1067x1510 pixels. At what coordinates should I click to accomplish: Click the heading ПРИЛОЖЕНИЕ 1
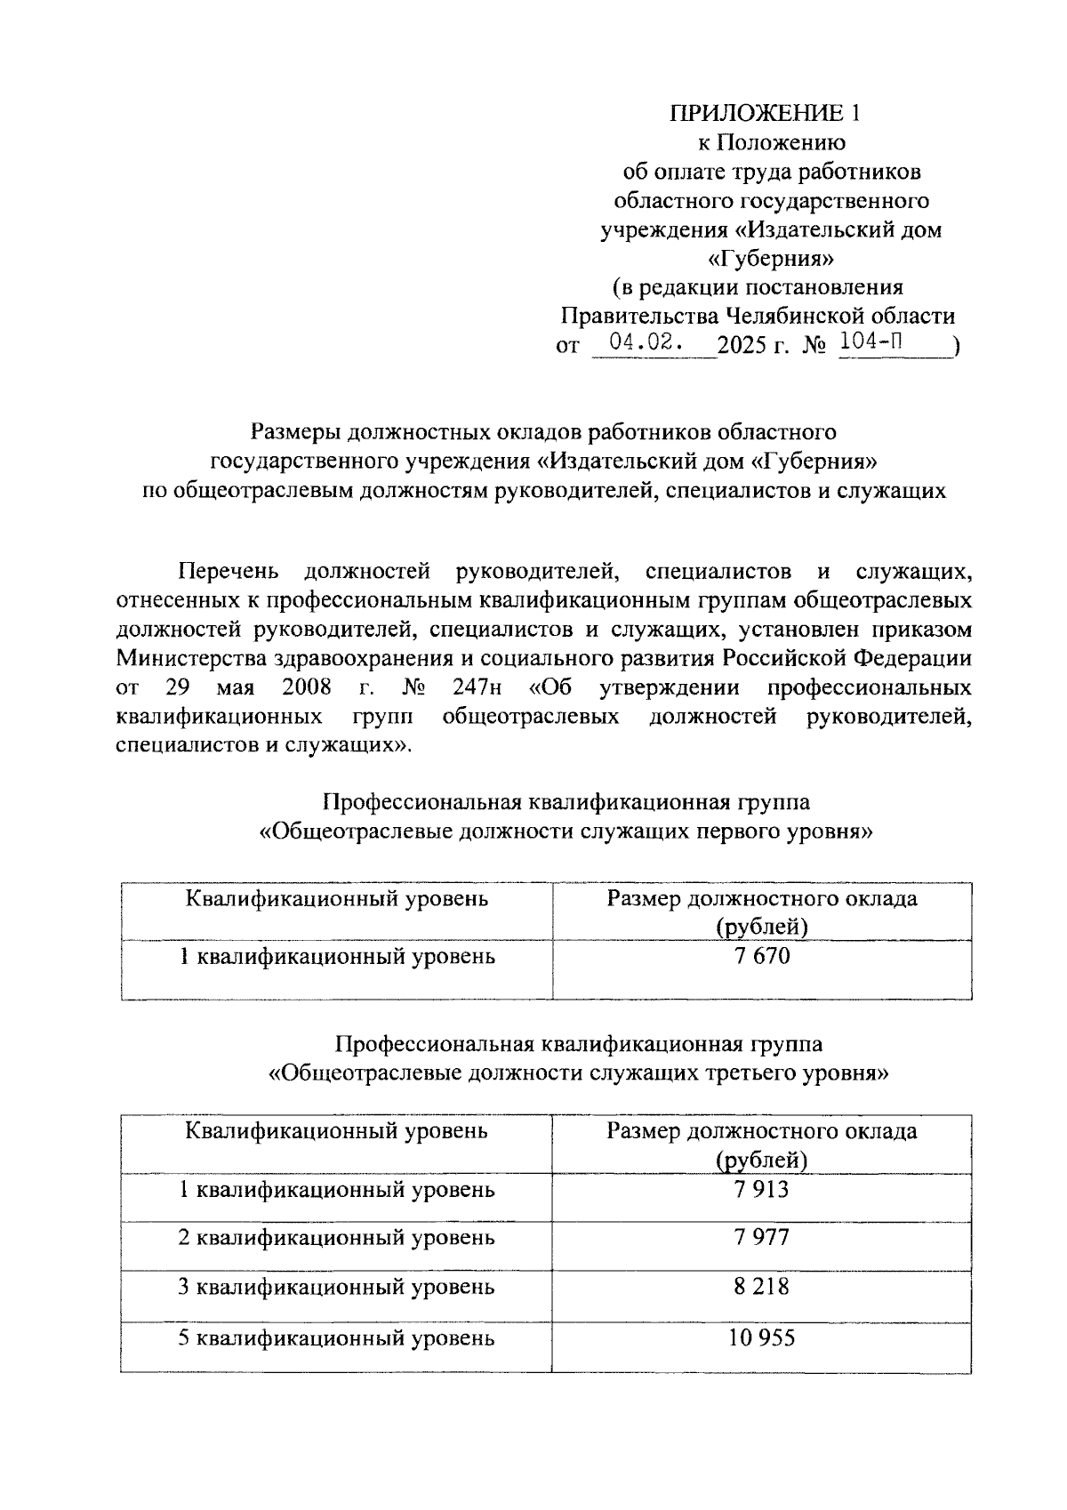pos(766,113)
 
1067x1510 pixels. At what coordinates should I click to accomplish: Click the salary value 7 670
pos(761,957)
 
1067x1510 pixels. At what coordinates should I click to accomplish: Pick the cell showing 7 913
pos(761,1190)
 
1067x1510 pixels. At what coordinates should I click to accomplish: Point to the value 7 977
pos(761,1238)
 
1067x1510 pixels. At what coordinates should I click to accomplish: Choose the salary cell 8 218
pos(761,1287)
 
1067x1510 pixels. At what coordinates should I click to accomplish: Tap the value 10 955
pos(761,1337)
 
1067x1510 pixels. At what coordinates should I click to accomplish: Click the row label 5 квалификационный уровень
pos(336,1337)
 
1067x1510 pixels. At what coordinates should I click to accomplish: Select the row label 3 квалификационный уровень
pos(336,1287)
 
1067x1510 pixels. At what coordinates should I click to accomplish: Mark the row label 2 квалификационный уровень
pos(336,1238)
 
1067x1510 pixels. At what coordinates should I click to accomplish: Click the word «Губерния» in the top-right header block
pos(770,259)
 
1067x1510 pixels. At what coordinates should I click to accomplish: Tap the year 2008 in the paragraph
pos(306,687)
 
